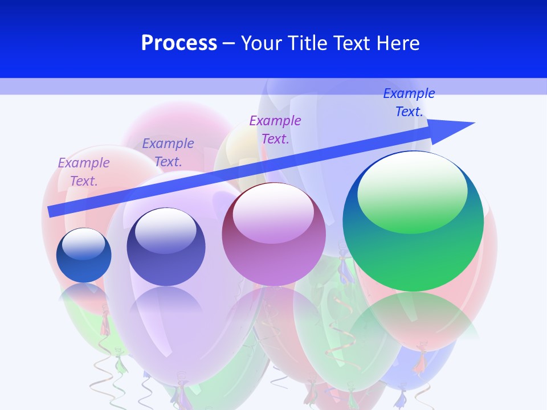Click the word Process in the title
coord(179,43)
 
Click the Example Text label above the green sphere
coord(409,102)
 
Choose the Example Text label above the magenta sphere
coord(275,129)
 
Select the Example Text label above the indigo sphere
coord(168,152)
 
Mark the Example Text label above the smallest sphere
coord(84,171)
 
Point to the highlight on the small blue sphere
coord(84,244)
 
